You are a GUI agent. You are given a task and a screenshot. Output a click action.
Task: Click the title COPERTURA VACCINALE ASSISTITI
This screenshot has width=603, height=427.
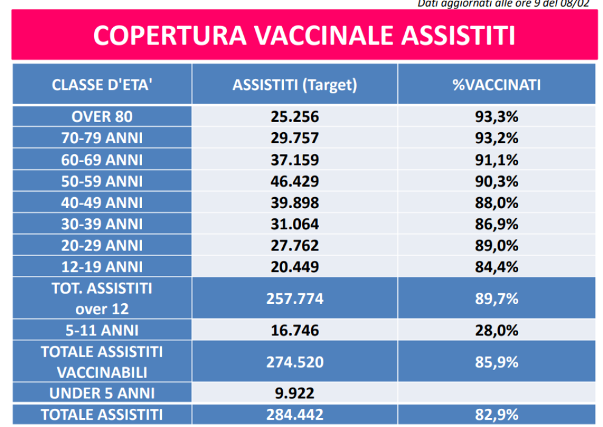coord(304,36)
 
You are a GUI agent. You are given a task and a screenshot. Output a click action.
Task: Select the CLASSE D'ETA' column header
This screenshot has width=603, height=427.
coord(102,85)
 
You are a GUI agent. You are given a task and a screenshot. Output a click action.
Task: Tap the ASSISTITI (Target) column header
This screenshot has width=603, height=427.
coord(295,85)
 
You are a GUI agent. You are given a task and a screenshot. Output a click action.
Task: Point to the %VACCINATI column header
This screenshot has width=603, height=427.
coord(496,85)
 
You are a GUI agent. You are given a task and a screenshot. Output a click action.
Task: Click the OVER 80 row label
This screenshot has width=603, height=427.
coord(102,117)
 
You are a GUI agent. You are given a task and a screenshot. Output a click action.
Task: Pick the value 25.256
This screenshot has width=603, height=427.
coord(295,117)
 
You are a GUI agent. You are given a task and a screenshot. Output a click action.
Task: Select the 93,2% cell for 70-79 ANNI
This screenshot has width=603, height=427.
coord(496,138)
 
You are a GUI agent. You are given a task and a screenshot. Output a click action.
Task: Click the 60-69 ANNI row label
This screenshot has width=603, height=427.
coord(102,160)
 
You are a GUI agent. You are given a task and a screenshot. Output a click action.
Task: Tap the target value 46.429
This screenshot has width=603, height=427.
coord(295,181)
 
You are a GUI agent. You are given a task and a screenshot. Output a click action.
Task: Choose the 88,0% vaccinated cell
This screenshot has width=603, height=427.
coord(496,203)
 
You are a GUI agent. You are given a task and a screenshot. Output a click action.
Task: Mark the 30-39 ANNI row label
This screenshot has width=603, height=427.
coord(102,224)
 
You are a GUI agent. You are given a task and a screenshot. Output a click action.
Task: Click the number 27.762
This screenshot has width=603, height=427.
coord(295,246)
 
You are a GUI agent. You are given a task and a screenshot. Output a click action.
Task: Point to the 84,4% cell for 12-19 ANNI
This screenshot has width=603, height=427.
coord(496,267)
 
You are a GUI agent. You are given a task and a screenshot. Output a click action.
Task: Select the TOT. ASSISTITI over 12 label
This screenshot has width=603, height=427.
coord(102,298)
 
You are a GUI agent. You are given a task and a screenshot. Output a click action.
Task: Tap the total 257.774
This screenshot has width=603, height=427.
coord(295,298)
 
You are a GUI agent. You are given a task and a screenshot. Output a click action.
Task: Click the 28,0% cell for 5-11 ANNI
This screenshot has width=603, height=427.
coord(496,331)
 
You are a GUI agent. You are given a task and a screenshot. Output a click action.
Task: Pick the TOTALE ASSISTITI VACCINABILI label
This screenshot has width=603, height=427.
coord(102,361)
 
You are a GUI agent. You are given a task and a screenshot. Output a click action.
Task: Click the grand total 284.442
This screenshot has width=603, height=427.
coord(295,415)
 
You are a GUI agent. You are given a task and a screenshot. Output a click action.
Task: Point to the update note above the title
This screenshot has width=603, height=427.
coord(504,4)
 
